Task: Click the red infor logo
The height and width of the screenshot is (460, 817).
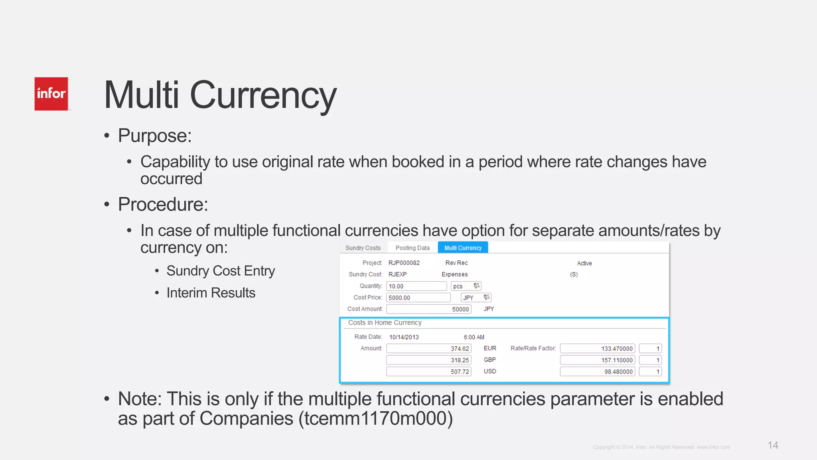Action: point(51,94)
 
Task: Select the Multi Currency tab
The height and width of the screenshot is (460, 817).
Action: point(463,248)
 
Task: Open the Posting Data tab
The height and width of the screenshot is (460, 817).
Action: point(412,248)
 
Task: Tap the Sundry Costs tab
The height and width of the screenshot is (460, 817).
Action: point(363,248)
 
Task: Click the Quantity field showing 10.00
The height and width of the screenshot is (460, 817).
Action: point(416,286)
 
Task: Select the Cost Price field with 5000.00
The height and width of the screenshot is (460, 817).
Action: point(418,297)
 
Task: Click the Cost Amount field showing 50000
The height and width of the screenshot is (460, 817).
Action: point(428,309)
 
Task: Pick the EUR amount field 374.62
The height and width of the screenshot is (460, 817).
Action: point(428,349)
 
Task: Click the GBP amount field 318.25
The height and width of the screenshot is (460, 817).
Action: point(428,360)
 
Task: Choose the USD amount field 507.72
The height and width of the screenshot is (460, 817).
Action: point(428,371)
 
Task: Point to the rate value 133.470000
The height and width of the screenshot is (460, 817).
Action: point(597,349)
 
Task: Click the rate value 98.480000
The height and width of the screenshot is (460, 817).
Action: point(597,371)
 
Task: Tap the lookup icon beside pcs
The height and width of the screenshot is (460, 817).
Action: point(476,286)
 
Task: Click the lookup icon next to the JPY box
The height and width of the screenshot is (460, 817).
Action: point(486,297)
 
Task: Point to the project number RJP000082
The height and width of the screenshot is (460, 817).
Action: point(404,263)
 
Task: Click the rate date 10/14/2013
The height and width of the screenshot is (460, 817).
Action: point(404,337)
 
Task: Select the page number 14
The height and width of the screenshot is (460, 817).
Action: point(773,445)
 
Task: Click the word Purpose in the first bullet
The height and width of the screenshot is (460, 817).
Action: point(154,136)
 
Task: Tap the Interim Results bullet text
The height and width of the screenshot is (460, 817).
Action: point(211,293)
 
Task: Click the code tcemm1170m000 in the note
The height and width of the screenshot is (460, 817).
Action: point(375,418)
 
